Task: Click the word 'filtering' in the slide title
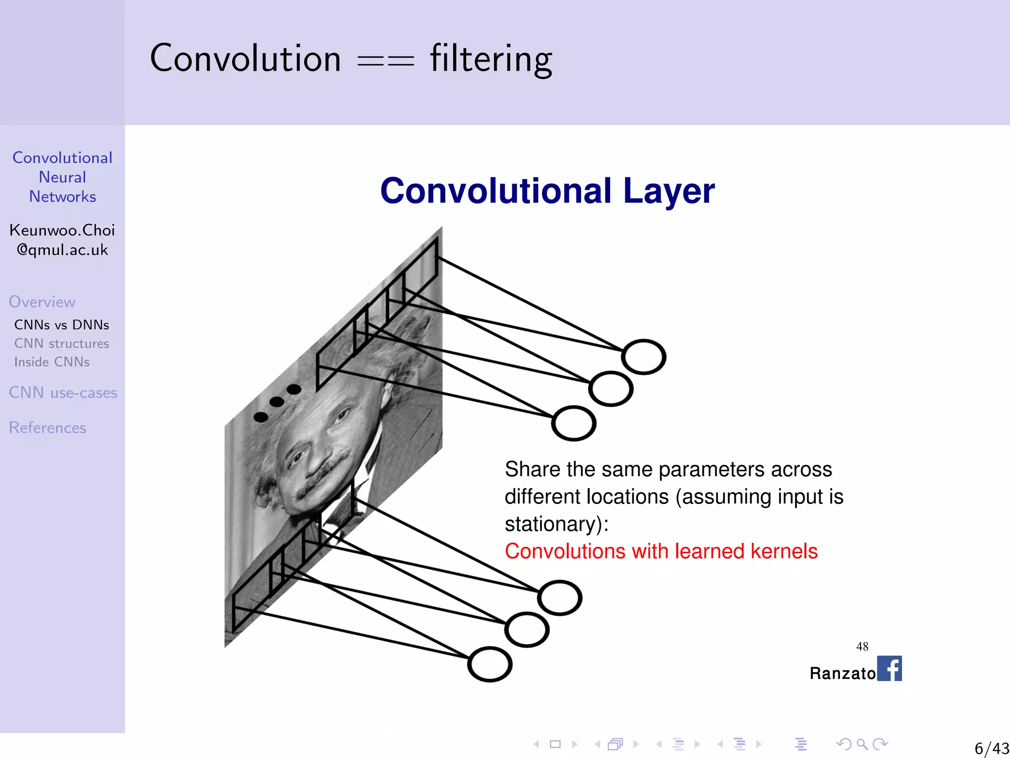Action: click(x=491, y=59)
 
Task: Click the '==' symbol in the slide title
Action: click(x=385, y=62)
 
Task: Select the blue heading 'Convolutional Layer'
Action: click(x=547, y=191)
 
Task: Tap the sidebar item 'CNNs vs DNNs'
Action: click(x=62, y=325)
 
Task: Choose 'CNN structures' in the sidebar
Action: click(x=62, y=343)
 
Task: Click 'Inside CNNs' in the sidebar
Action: click(x=52, y=362)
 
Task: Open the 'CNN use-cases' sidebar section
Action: click(x=63, y=393)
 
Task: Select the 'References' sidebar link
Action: click(x=47, y=427)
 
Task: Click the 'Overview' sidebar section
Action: click(x=42, y=302)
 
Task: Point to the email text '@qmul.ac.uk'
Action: click(x=62, y=250)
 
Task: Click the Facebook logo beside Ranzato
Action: click(x=889, y=669)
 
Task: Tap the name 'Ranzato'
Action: click(x=842, y=673)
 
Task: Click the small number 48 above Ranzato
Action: click(x=862, y=646)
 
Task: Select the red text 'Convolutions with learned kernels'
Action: click(x=661, y=551)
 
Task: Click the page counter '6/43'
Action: click(x=992, y=748)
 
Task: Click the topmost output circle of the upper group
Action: click(x=644, y=357)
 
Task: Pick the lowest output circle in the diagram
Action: click(x=490, y=664)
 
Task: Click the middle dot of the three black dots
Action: click(x=277, y=402)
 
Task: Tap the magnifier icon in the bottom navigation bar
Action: click(x=862, y=744)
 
